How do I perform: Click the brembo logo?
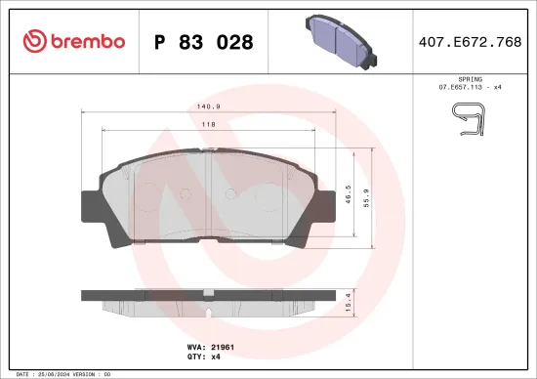74,41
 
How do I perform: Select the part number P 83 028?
204,42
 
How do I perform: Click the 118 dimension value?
209,125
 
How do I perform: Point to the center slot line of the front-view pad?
212,195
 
